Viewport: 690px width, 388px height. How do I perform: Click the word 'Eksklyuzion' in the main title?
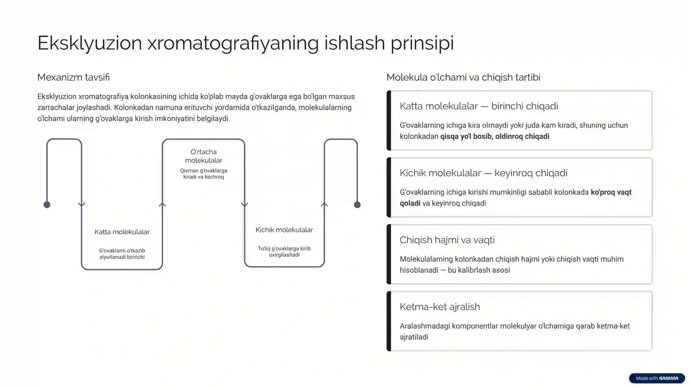coord(90,43)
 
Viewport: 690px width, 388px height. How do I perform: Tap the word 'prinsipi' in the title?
coord(422,44)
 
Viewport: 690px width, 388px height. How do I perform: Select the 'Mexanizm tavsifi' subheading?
coord(73,77)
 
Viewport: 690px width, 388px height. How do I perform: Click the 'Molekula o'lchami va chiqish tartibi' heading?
coord(463,77)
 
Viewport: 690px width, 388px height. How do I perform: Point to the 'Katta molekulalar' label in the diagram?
coord(122,232)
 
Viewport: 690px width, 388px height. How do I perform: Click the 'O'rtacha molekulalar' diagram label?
coord(204,156)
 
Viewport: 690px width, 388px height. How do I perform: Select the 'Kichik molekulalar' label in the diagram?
coord(284,230)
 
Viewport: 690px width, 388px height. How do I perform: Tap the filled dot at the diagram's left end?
coord(47,205)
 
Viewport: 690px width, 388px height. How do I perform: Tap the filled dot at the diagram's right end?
coord(357,205)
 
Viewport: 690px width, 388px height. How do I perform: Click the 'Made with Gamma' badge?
coord(657,378)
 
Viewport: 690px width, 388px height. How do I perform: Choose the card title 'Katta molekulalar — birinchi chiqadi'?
coord(479,106)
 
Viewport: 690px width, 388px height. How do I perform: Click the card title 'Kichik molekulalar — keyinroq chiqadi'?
coord(483,173)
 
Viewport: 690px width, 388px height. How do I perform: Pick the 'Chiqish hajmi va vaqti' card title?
coord(447,240)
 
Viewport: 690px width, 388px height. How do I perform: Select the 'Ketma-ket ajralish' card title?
coord(439,306)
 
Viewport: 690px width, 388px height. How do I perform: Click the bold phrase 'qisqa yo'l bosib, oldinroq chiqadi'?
coord(495,136)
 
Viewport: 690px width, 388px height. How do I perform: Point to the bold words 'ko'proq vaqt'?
coord(611,192)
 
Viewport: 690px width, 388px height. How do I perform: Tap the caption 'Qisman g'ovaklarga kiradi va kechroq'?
coord(204,174)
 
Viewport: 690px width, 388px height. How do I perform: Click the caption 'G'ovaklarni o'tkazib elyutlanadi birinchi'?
coord(122,254)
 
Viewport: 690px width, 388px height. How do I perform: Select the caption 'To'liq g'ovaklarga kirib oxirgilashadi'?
coord(284,252)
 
